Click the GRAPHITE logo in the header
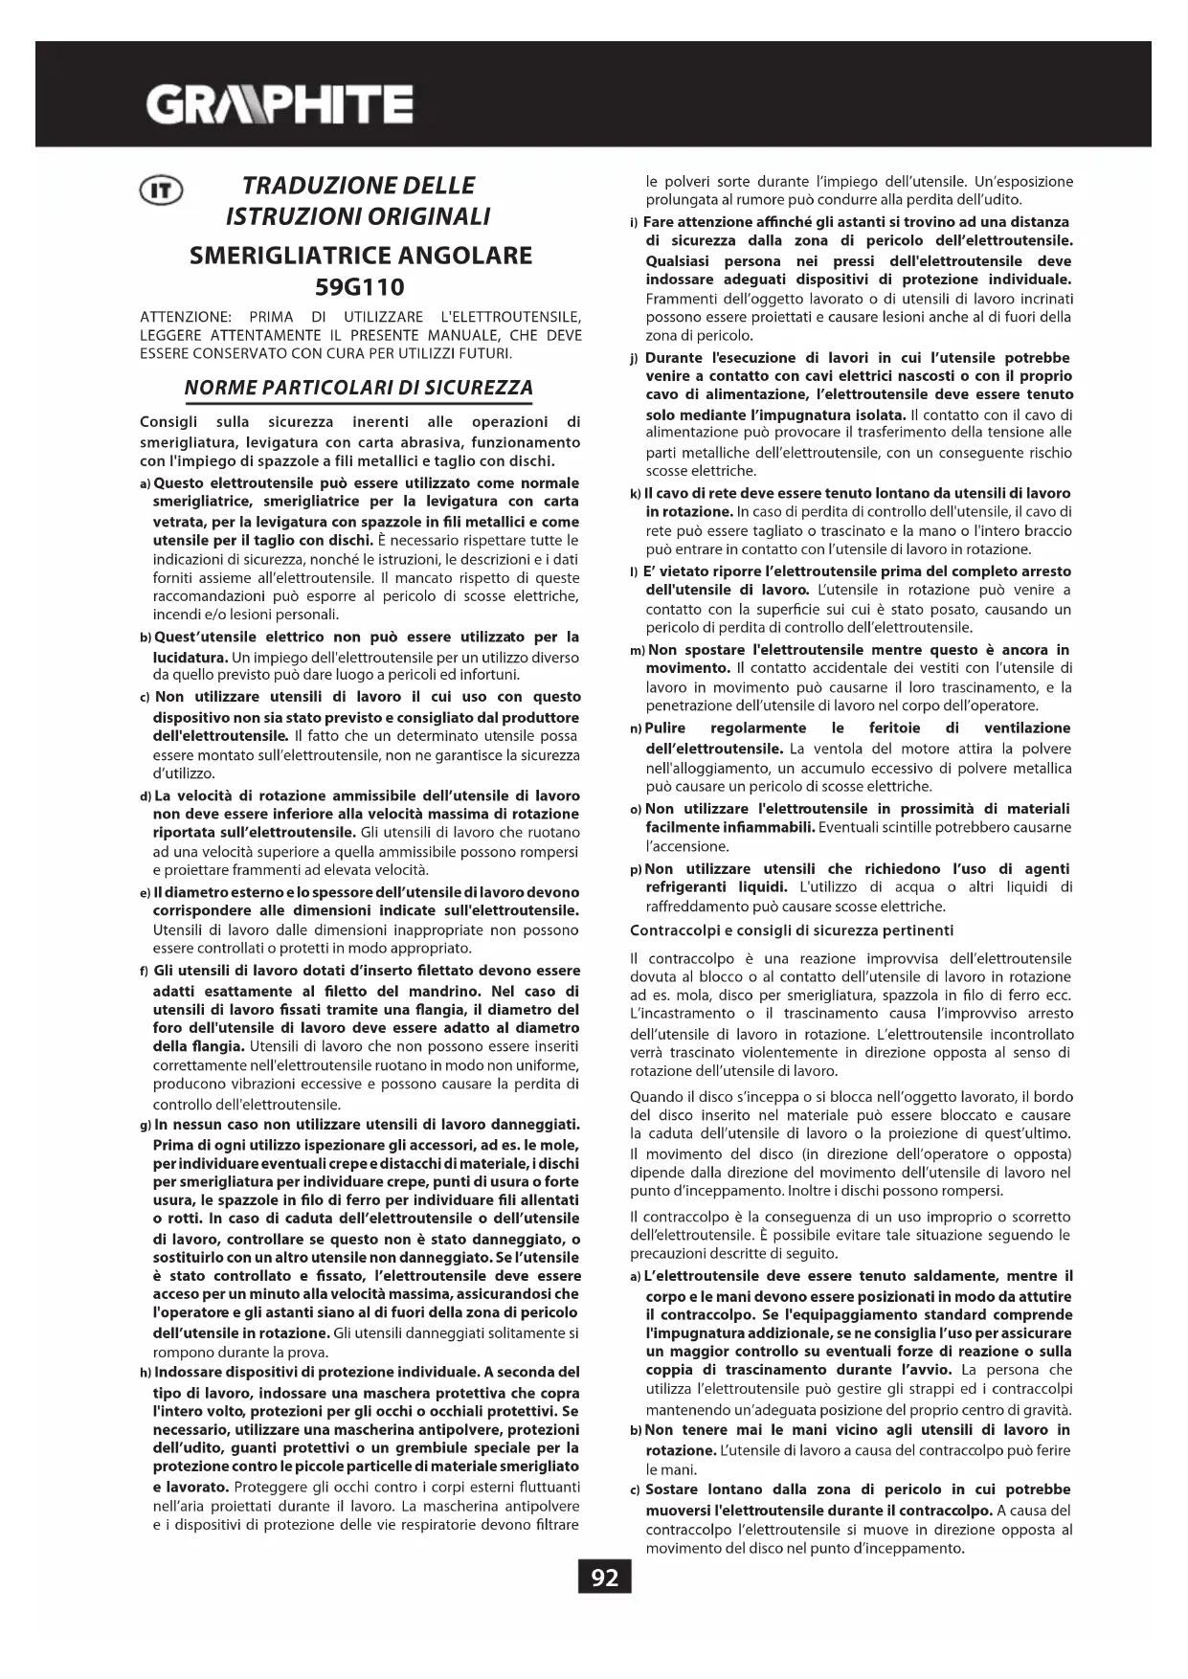[x=280, y=103]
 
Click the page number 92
[x=605, y=1578]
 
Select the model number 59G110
[x=360, y=287]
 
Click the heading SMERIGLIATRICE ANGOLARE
[x=361, y=256]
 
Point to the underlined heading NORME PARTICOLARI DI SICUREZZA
[x=358, y=388]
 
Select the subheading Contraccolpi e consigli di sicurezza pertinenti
[x=791, y=929]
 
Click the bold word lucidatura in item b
[x=190, y=658]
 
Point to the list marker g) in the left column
[x=146, y=1125]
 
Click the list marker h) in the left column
[x=146, y=1373]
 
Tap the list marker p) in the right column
[x=636, y=869]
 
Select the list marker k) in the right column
[x=636, y=494]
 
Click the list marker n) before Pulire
[x=636, y=729]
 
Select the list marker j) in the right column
[x=635, y=359]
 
